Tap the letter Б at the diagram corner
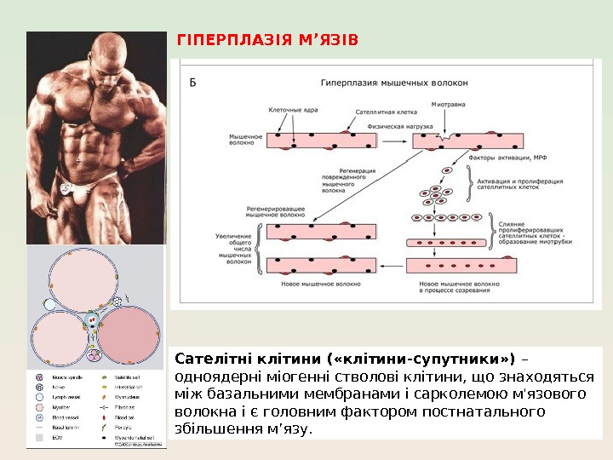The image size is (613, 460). (192, 82)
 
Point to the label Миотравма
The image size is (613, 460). (449, 104)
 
